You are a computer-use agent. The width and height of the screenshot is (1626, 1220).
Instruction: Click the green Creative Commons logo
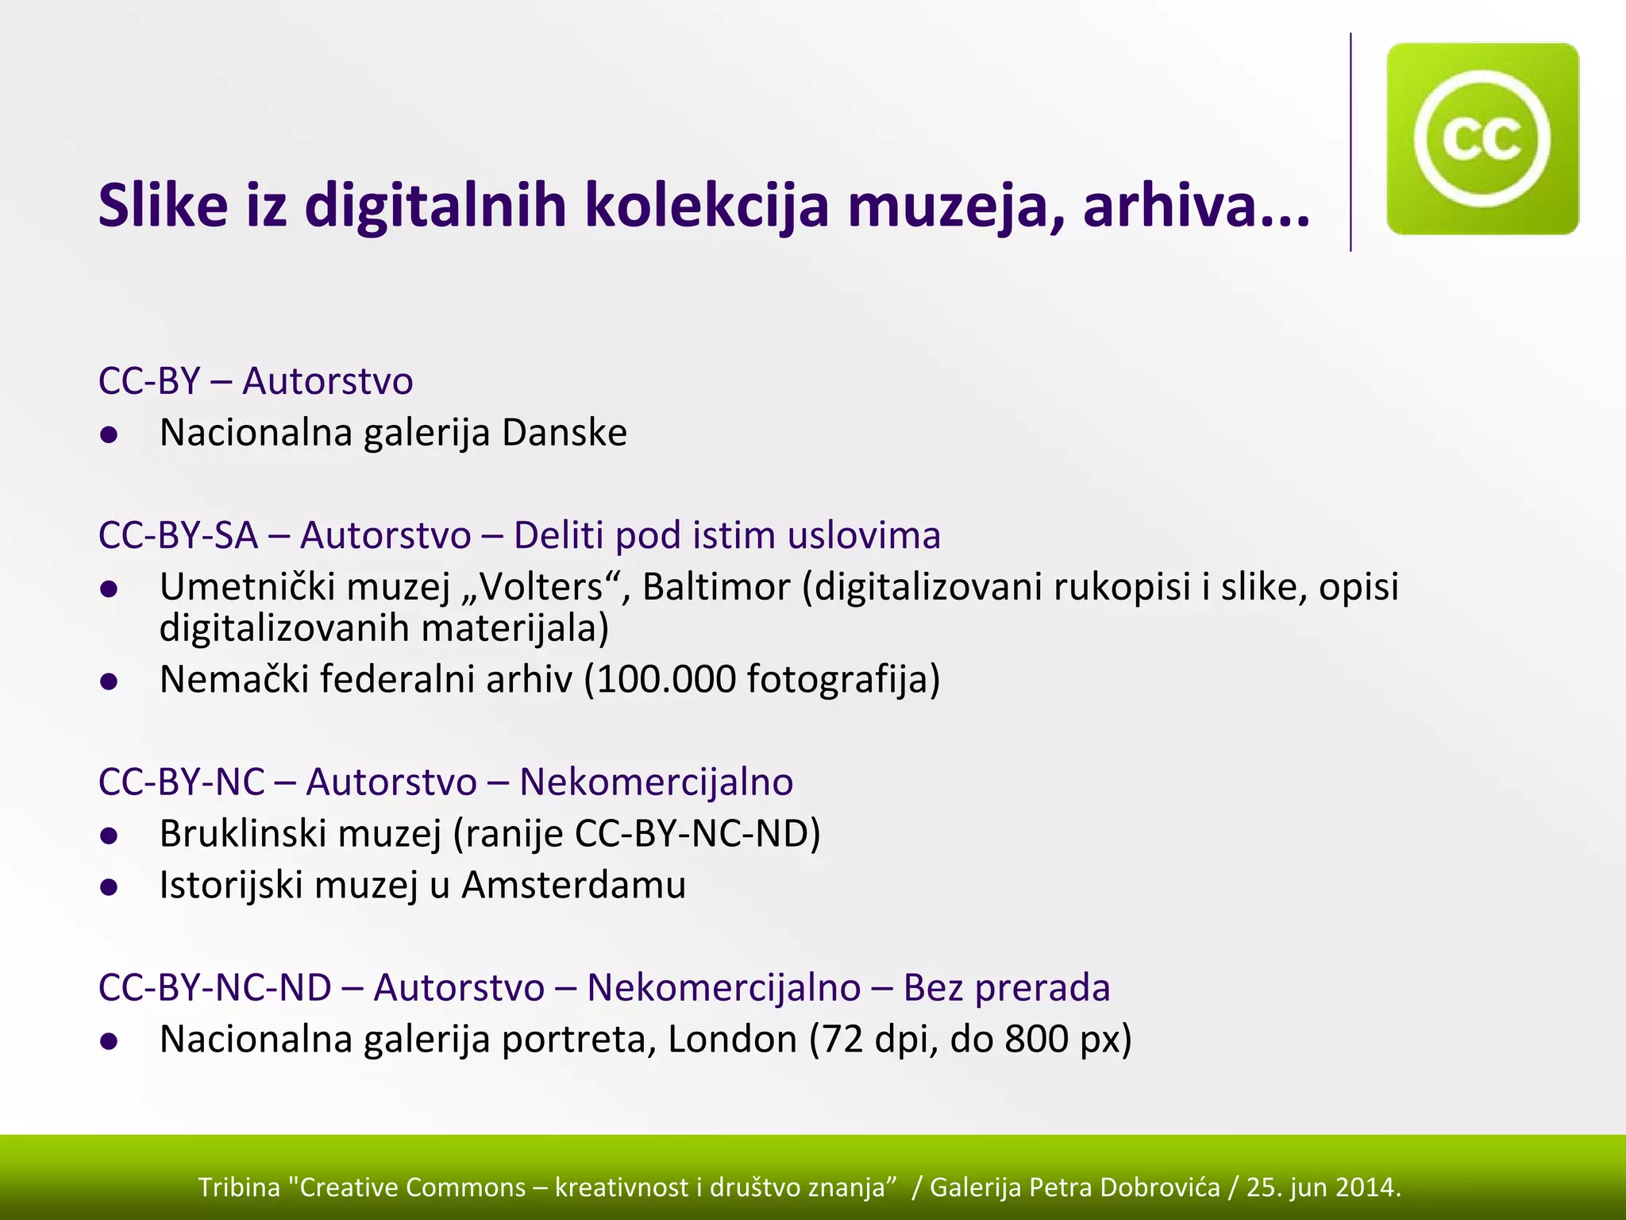(x=1482, y=139)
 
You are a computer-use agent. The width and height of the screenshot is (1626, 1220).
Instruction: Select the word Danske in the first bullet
(x=564, y=433)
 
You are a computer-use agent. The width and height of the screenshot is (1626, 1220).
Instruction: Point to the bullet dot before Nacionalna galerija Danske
(x=110, y=434)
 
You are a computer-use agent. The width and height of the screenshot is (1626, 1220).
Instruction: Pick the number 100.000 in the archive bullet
(x=666, y=680)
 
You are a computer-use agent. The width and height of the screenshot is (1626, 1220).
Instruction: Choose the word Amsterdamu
(x=573, y=885)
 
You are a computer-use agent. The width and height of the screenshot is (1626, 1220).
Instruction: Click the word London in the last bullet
(x=732, y=1039)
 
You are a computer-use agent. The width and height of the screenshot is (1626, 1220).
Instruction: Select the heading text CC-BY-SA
(x=179, y=535)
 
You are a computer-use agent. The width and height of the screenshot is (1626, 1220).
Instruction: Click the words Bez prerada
(x=1006, y=988)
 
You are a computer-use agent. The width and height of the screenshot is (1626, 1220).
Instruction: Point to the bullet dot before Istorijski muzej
(x=110, y=887)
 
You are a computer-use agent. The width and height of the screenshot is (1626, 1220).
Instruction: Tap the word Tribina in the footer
(x=239, y=1187)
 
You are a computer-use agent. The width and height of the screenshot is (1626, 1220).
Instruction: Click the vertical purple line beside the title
(x=1351, y=143)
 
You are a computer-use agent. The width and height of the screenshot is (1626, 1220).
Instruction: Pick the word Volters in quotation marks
(x=541, y=588)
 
